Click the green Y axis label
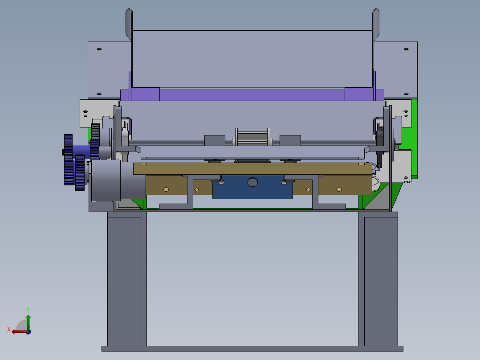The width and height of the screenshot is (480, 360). pos(28,310)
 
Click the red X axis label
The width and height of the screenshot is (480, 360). pos(9,329)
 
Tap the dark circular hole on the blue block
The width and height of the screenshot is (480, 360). pos(252,182)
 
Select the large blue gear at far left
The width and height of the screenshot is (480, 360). pos(68,160)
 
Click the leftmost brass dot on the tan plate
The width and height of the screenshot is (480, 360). pos(166,189)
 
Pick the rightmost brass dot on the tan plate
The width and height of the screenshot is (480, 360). pos(339,189)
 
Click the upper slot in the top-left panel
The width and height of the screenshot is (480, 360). pos(99,49)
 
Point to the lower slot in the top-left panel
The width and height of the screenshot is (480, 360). pos(99,94)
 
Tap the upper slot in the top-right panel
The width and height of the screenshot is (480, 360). pos(406,49)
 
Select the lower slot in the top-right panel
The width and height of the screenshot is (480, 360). pos(406,94)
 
